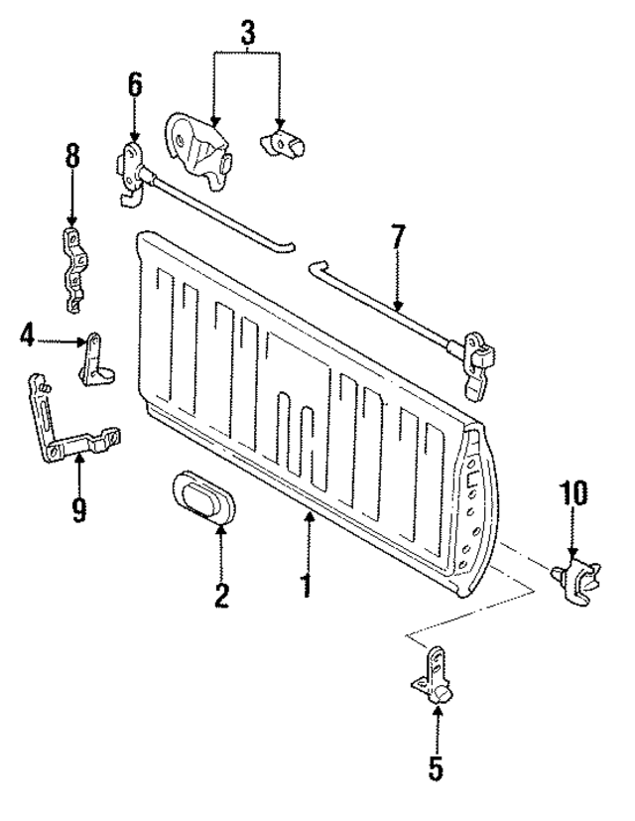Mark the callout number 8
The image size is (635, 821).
71,158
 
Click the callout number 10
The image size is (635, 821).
572,493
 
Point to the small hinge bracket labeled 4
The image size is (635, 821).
96,358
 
